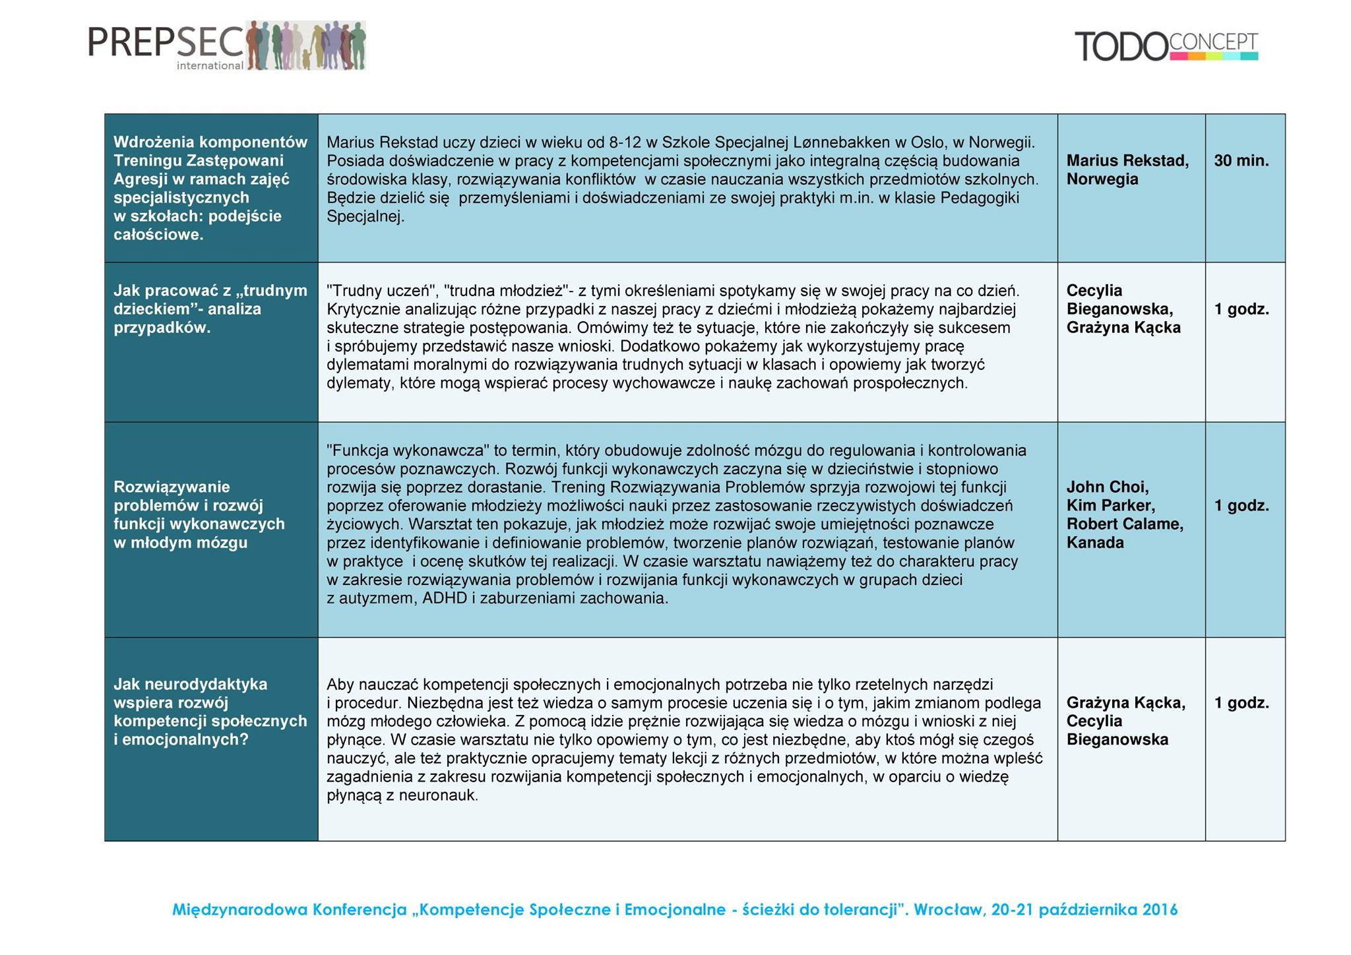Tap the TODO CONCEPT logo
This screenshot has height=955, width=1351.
tap(1166, 46)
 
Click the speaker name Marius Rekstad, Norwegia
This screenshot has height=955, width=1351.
tap(1127, 170)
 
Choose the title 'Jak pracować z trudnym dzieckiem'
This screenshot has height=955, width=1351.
tap(210, 309)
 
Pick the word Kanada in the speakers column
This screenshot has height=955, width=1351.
tap(1094, 543)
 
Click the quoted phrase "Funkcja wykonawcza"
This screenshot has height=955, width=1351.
tap(408, 450)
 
